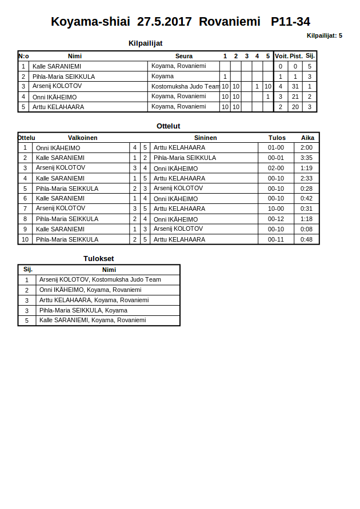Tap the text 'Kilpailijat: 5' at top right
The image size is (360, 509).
(324, 35)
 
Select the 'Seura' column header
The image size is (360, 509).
(184, 56)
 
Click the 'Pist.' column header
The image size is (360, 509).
(296, 56)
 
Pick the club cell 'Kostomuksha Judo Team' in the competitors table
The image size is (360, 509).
(185, 86)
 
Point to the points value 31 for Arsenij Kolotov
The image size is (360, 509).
(295, 87)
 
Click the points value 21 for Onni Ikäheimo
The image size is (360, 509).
(295, 97)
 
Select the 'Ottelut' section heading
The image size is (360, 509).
(169, 126)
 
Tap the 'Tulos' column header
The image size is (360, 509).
(277, 138)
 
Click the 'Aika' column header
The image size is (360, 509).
(307, 138)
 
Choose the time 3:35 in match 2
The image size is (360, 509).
(306, 158)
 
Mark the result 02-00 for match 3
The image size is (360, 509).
(276, 169)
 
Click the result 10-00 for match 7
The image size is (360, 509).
(276, 209)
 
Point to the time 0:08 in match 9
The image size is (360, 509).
(306, 229)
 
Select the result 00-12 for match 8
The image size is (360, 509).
(276, 219)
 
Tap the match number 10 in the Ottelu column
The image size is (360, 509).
(25, 239)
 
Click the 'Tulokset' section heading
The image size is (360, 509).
(99, 259)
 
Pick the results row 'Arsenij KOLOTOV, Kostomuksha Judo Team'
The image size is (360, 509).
(100, 280)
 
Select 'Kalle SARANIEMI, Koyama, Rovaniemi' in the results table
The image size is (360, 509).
(93, 320)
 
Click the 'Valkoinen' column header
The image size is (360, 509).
(82, 138)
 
